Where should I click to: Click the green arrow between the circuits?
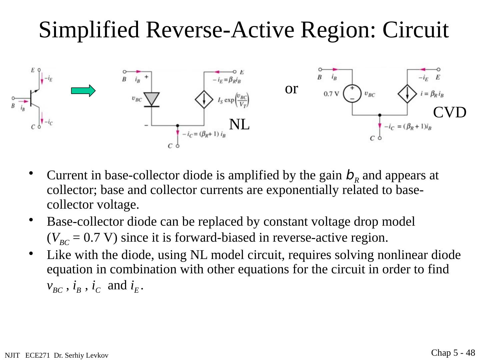click(x=83, y=91)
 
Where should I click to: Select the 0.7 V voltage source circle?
click(x=352, y=93)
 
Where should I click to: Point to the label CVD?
click(x=449, y=113)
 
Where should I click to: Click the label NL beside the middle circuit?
click(x=239, y=125)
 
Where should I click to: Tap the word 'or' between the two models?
click(x=291, y=89)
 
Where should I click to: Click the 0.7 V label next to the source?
click(x=331, y=94)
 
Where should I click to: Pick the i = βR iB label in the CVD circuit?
click(x=432, y=94)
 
